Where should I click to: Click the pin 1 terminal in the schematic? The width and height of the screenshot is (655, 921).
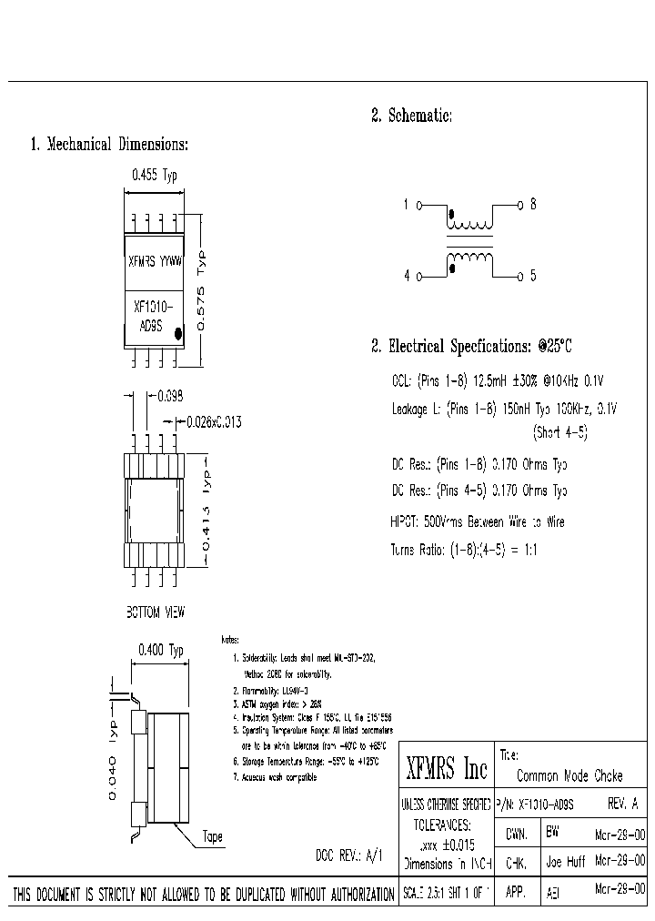tap(408, 206)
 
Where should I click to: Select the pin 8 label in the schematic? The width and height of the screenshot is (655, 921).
tap(533, 205)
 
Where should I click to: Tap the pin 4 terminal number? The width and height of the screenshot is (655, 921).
tap(408, 275)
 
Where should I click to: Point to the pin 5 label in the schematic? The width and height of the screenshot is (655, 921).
tap(533, 275)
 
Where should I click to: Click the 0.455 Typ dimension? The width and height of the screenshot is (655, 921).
tap(155, 177)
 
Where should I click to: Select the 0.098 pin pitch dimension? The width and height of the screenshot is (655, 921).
tap(170, 396)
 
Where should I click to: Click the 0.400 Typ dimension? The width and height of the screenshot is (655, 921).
tap(160, 650)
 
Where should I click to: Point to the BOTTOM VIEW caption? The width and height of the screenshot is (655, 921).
tap(154, 612)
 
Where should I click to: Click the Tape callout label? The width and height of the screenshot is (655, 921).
tap(212, 836)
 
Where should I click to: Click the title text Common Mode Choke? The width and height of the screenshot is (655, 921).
tap(569, 776)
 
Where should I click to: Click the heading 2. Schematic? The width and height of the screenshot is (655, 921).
tap(411, 116)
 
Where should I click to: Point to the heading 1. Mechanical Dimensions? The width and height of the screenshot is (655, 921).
tap(109, 144)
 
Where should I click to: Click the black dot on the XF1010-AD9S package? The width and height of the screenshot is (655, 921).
tap(178, 334)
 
